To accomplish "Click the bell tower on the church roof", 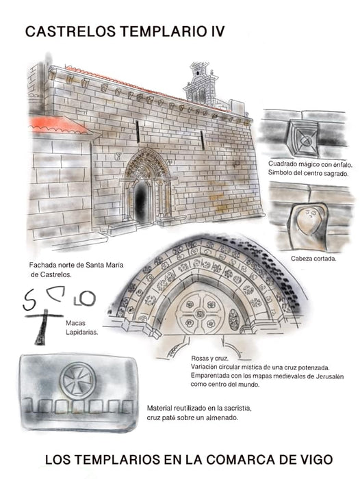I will [201, 86].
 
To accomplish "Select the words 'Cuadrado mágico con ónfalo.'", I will [306, 163].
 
